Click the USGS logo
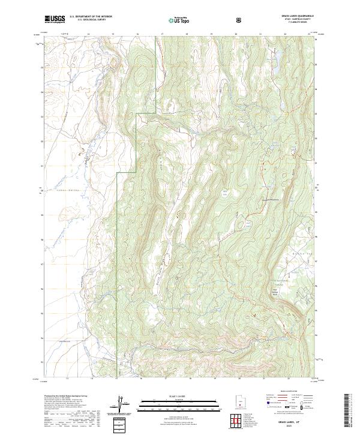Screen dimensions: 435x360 (x=55, y=20)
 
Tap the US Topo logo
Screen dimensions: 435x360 (x=179, y=20)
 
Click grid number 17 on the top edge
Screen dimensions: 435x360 (x=163, y=34)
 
